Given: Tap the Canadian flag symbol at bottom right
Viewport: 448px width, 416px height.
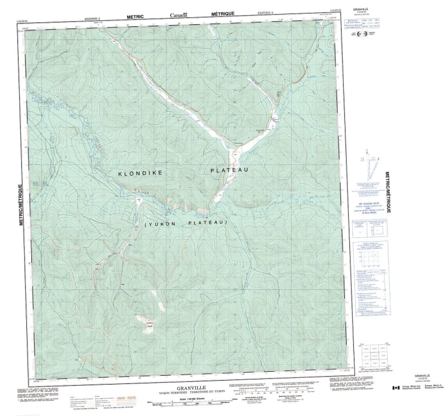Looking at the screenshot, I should pos(395,388).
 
